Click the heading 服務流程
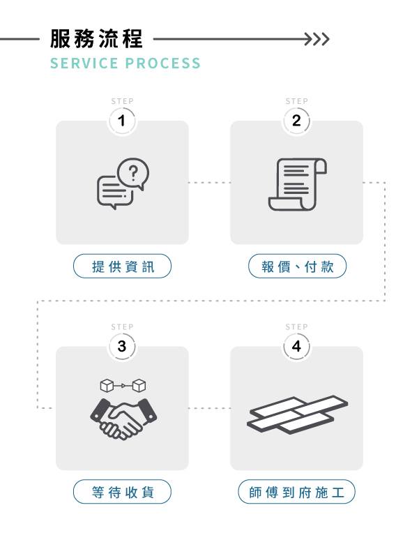pyautogui.click(x=96, y=38)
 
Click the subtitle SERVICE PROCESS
pyautogui.click(x=125, y=63)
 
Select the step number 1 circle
pyautogui.click(x=122, y=121)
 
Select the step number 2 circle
pyautogui.click(x=296, y=121)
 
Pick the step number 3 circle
pyautogui.click(x=122, y=346)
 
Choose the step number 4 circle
pyautogui.click(x=296, y=346)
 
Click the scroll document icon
pyautogui.click(x=297, y=184)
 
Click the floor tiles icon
pyautogui.click(x=297, y=416)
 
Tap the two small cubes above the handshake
pyautogui.click(x=123, y=385)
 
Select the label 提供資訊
pyautogui.click(x=122, y=266)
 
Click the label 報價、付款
pyautogui.click(x=297, y=266)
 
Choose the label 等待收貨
pyautogui.click(x=122, y=493)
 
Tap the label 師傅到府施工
pyautogui.click(x=297, y=493)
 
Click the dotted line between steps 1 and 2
pyautogui.click(x=209, y=183)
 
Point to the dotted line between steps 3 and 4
pyautogui.click(x=209, y=408)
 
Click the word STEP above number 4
pyautogui.click(x=296, y=326)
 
